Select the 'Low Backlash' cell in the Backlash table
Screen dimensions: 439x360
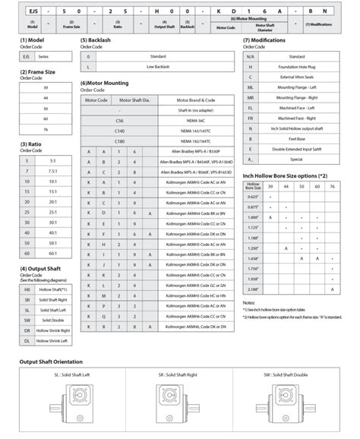[158, 67]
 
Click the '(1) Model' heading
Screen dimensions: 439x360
[34, 39]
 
